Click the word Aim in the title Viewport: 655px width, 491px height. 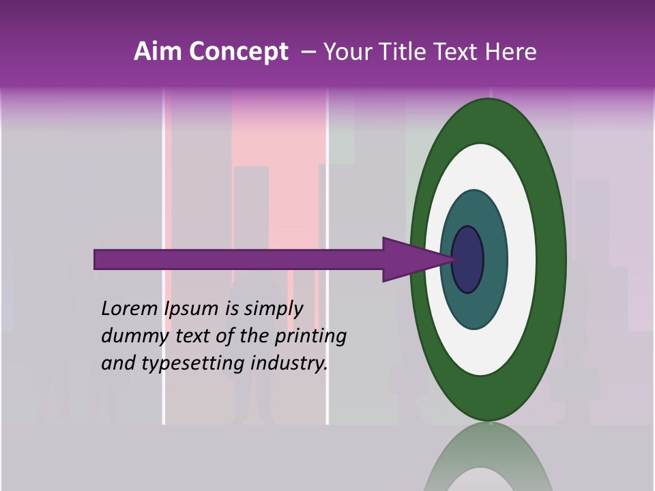158,52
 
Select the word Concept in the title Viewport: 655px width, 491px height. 238,52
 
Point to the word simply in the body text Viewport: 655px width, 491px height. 274,310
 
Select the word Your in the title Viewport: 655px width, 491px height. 345,52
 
